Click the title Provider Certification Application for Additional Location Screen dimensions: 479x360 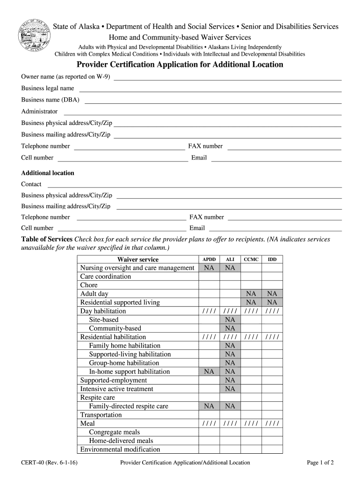[180, 65]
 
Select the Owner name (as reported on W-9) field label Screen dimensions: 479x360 [65, 77]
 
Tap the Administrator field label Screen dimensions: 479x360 [39, 111]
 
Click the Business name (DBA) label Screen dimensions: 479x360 [50, 100]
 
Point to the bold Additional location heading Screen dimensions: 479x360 [48, 173]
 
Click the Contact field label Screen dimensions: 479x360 [31, 184]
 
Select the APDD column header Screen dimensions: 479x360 [209, 259]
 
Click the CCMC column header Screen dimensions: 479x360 [251, 259]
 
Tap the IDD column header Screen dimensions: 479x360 [272, 259]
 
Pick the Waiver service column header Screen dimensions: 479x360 [138, 259]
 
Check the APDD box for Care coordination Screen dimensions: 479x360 [209, 276]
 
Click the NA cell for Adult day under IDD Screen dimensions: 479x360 [272, 294]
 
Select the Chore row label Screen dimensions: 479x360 [89, 285]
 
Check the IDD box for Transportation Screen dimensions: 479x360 [272, 415]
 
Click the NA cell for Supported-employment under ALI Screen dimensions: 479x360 [230, 380]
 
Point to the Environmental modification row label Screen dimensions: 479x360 [120, 450]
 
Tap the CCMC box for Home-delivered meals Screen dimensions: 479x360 [251, 441]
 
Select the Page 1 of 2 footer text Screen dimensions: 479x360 [320, 463]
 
